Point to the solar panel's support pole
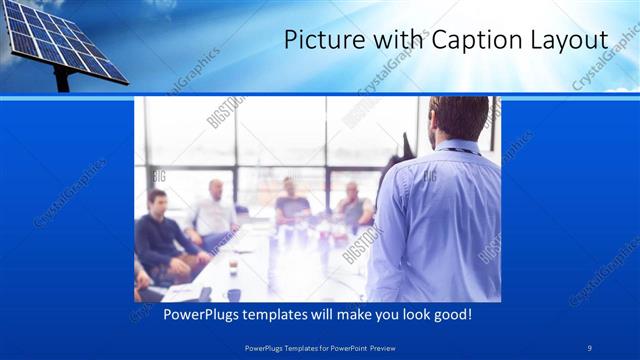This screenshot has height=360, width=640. [63, 81]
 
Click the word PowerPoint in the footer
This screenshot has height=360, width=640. [346, 346]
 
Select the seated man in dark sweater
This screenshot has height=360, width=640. [160, 235]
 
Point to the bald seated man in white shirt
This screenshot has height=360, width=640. [213, 210]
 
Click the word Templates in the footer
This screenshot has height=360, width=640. [294, 346]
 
